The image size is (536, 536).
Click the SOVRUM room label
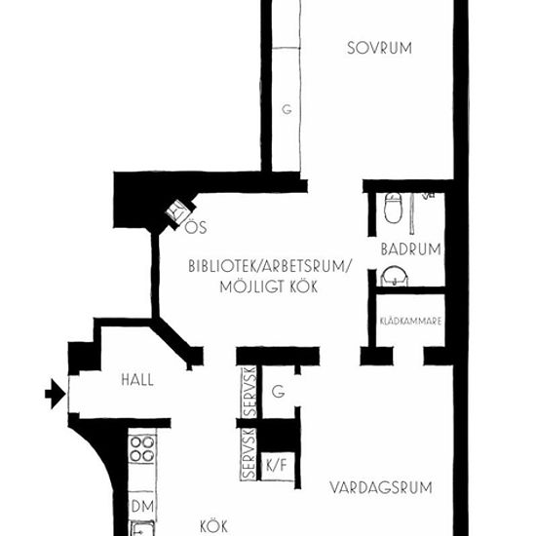pyautogui.click(x=379, y=48)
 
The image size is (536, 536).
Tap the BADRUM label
pyautogui.click(x=411, y=249)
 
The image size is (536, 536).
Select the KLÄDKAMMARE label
pyautogui.click(x=410, y=321)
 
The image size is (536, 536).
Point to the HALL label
pyautogui.click(x=137, y=380)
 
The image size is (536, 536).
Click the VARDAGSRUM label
pyautogui.click(x=381, y=487)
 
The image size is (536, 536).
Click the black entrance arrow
pyautogui.click(x=56, y=394)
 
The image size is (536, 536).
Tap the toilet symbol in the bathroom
pyautogui.click(x=393, y=208)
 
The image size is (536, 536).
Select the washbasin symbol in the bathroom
pyautogui.click(x=395, y=277)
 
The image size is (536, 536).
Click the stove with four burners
pyautogui.click(x=142, y=449)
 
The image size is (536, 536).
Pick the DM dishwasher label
pyautogui.click(x=142, y=506)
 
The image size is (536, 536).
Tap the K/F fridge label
pyautogui.click(x=276, y=465)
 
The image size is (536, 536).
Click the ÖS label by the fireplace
pyautogui.click(x=196, y=227)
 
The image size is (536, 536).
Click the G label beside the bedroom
pyautogui.click(x=287, y=109)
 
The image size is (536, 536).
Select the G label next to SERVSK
pyautogui.click(x=279, y=392)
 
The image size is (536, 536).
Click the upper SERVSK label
pyautogui.click(x=249, y=392)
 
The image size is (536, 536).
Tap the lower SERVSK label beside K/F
pyautogui.click(x=249, y=454)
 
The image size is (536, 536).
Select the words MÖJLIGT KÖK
pyautogui.click(x=269, y=287)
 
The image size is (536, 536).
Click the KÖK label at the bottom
pyautogui.click(x=213, y=526)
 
